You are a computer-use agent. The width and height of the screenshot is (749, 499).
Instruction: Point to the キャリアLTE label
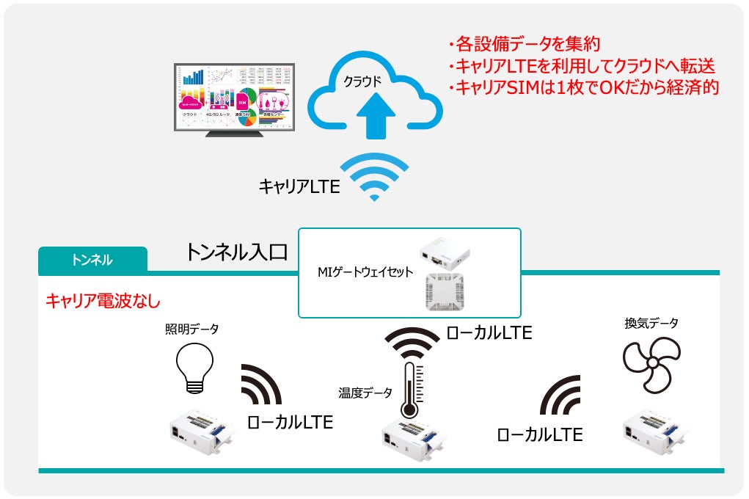point(299,186)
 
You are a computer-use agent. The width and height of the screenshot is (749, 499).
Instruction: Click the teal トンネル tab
point(92,260)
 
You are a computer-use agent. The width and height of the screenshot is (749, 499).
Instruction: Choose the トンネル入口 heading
point(235,253)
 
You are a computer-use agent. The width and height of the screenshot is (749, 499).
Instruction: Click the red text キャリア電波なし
point(103,301)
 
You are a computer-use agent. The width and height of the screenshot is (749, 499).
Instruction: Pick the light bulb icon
point(194,366)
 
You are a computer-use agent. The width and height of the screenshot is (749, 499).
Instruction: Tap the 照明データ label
point(191,329)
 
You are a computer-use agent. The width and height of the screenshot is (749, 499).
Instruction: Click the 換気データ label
point(651,323)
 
